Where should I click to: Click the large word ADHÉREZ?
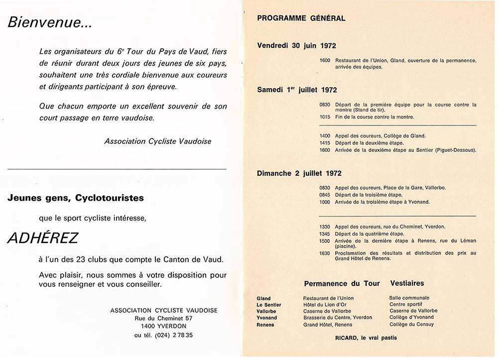point(42,238)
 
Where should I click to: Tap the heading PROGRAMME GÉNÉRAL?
point(301,18)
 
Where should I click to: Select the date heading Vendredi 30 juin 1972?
point(296,45)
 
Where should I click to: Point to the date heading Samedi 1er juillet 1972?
point(297,90)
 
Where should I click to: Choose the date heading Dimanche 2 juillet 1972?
point(299,173)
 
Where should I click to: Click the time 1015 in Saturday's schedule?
point(325,118)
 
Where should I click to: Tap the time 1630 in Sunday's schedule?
point(325,253)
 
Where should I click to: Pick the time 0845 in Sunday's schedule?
point(325,195)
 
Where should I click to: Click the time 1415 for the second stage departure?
point(325,143)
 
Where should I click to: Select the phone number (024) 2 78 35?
point(163,335)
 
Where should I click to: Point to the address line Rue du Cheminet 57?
point(163,318)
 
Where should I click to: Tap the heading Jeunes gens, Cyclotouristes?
point(76,198)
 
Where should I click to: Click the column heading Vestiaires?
point(407,283)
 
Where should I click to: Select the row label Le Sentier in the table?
point(269,305)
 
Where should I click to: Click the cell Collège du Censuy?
point(411,325)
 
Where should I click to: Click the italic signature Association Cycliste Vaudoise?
point(157,141)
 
